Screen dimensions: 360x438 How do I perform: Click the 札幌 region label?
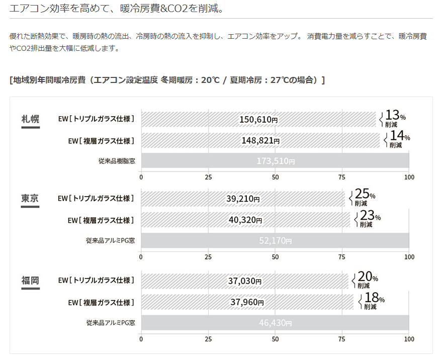point(30,119)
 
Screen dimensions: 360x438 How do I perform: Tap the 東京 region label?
point(30,199)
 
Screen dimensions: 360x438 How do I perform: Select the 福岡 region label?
point(30,281)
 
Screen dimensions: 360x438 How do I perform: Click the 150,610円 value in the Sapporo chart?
point(258,120)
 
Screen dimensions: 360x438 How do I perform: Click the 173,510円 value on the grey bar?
point(276,161)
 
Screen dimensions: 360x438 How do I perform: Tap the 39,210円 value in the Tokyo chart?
point(243,199)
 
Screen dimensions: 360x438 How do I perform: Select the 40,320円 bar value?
point(245,220)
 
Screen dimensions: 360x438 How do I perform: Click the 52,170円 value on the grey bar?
point(275,240)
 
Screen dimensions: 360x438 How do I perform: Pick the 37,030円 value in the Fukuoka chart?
point(244,281)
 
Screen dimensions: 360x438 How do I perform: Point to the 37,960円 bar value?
point(246,302)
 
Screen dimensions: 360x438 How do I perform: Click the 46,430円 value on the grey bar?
point(275,322)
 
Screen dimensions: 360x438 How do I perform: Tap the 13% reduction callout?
point(394,119)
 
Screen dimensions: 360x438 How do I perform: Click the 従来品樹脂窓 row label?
point(117,161)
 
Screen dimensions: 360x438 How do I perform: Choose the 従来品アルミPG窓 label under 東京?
point(110,240)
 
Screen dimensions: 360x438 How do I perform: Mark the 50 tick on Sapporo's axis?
point(275,177)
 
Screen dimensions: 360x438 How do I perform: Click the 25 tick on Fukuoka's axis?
point(208,339)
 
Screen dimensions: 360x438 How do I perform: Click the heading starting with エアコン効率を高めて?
point(116,9)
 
